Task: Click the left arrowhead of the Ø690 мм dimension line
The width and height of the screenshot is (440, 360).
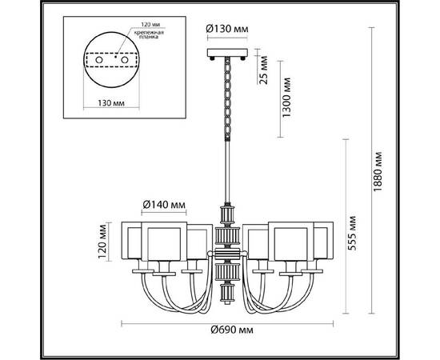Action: (122, 323)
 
